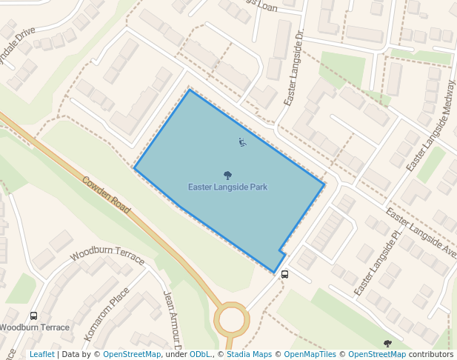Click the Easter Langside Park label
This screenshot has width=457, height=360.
227,187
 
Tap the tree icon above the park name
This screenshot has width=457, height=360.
227,176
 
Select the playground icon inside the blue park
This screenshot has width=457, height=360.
242,142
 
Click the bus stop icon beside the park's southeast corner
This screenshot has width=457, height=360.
285,274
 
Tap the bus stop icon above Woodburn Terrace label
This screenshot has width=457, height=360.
34,316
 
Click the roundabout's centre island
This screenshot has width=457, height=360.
231,320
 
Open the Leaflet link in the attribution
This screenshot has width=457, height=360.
41,354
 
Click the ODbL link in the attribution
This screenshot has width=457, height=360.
200,354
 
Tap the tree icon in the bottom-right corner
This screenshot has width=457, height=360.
387,344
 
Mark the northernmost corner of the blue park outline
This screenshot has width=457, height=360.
190,90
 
